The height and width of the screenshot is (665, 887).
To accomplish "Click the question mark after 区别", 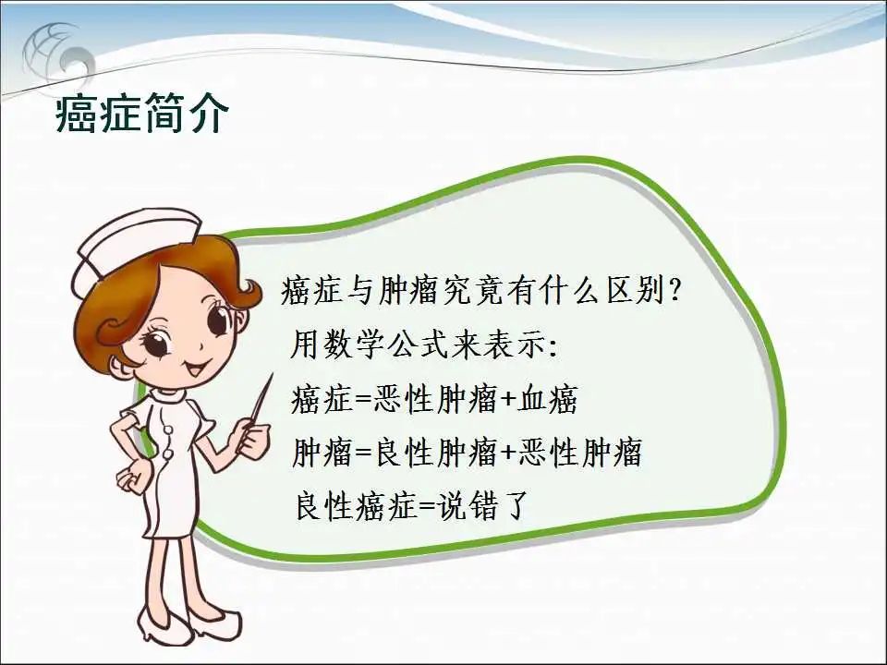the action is pyautogui.click(x=674, y=292).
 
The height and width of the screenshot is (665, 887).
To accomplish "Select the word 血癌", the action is pyautogui.click(x=548, y=399).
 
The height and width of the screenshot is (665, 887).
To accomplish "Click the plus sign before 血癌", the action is pyautogui.click(x=508, y=399).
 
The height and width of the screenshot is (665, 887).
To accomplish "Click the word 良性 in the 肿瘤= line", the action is pyautogui.click(x=405, y=453).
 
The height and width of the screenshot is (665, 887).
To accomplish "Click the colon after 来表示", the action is pyautogui.click(x=553, y=347).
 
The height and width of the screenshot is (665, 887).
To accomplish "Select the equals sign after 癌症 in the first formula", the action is pyautogui.click(x=362, y=400).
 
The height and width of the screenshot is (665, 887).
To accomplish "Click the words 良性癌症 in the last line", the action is pyautogui.click(x=357, y=505).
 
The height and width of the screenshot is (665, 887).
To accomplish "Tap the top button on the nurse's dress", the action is pyautogui.click(x=168, y=429).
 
